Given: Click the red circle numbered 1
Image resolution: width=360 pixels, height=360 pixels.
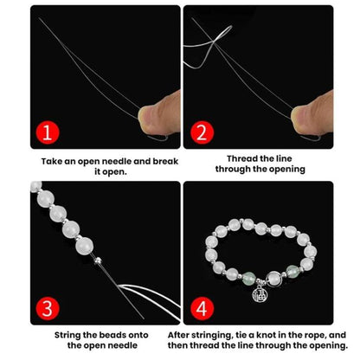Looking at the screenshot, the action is coord(48,132).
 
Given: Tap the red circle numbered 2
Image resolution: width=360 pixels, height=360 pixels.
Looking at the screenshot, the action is coord(202,132).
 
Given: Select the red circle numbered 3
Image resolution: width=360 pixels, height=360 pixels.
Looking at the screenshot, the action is coord(48,308).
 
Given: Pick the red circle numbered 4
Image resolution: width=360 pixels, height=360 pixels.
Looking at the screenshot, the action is coord(202,308).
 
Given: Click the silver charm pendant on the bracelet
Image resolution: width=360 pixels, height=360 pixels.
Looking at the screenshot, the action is coord(260,294).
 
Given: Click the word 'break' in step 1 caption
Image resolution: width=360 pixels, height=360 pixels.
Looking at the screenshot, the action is coord(165,161).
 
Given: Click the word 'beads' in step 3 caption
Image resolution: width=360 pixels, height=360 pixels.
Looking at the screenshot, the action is coord(112,335).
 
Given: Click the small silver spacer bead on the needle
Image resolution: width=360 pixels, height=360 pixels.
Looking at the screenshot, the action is coord(98,260).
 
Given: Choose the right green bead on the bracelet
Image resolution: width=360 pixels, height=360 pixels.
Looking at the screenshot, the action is coord(292,271).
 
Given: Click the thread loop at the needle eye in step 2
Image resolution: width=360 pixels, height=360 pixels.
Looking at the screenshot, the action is coord(222,34).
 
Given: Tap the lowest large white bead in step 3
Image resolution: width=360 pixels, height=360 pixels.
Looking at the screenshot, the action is coord(85,246).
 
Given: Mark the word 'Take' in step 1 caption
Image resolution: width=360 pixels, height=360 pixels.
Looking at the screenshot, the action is coord(51,161).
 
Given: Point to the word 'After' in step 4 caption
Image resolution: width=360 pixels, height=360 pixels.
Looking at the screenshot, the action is coord(178,335).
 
